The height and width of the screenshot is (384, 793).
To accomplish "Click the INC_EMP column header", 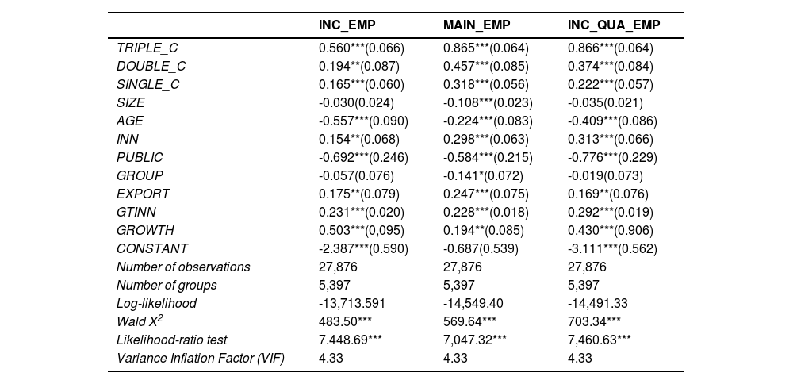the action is (347, 25).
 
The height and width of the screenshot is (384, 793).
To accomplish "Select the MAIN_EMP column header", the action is (477, 25).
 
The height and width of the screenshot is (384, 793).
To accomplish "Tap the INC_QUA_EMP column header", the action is (614, 25).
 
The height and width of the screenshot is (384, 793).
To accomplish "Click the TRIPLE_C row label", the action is (147, 48).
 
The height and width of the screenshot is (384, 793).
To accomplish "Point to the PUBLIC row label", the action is (140, 157).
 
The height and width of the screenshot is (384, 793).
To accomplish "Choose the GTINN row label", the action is (136, 212).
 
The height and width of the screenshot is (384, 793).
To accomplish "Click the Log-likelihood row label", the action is (156, 303).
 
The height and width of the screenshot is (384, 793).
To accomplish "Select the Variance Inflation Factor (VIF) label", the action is (201, 358).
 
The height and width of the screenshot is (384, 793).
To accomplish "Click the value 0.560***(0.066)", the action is (362, 48).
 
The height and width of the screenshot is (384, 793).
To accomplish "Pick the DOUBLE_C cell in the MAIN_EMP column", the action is (486, 67).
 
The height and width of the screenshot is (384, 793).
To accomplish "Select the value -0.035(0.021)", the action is (605, 102).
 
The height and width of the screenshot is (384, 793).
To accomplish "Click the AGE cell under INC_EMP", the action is (363, 121).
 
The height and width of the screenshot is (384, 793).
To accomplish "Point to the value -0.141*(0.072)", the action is (483, 175).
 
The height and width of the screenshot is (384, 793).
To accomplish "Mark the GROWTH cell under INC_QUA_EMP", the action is (611, 230).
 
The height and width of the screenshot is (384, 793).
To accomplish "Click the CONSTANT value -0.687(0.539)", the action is (481, 248).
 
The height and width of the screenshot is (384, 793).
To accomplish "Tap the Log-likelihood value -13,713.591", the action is (352, 303).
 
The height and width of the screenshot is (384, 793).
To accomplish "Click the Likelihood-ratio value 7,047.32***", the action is (475, 340).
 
